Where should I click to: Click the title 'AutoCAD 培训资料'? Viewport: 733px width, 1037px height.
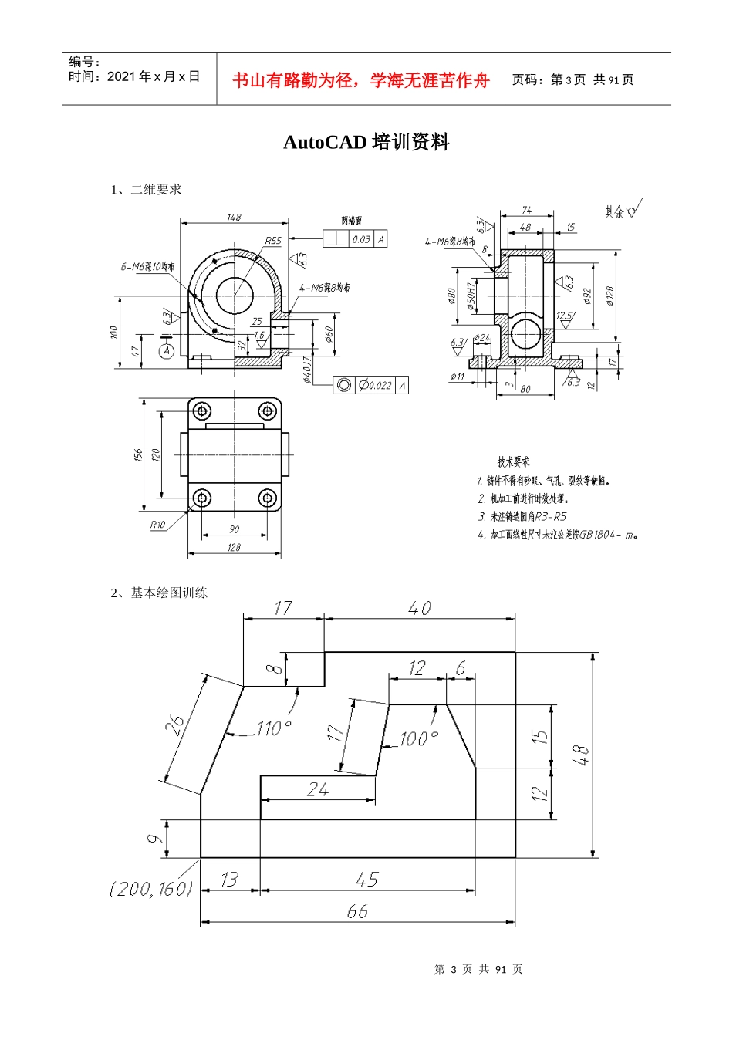(x=366, y=142)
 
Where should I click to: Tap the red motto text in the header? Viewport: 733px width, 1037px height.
(x=361, y=80)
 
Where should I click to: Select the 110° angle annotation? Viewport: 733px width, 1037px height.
(x=274, y=728)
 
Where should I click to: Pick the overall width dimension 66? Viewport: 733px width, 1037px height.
(x=357, y=911)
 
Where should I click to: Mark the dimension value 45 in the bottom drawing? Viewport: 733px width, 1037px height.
(x=367, y=880)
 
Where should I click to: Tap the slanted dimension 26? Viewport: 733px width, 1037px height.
(x=176, y=725)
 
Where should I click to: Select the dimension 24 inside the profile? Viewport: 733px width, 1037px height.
(x=317, y=789)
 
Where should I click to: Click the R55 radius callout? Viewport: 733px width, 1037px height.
(x=273, y=241)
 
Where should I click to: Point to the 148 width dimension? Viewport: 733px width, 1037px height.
(x=234, y=218)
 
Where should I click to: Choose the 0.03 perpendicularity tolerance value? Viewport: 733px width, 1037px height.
(x=361, y=239)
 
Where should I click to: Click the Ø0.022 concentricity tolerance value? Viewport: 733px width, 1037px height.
(x=375, y=385)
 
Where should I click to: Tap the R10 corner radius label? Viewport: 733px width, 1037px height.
(x=157, y=525)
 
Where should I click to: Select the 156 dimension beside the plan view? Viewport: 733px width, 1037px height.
(x=138, y=455)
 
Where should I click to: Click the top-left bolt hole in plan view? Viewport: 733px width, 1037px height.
(x=201, y=411)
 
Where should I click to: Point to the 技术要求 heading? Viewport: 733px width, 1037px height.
(x=513, y=461)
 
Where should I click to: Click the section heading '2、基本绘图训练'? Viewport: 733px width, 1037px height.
(x=159, y=593)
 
